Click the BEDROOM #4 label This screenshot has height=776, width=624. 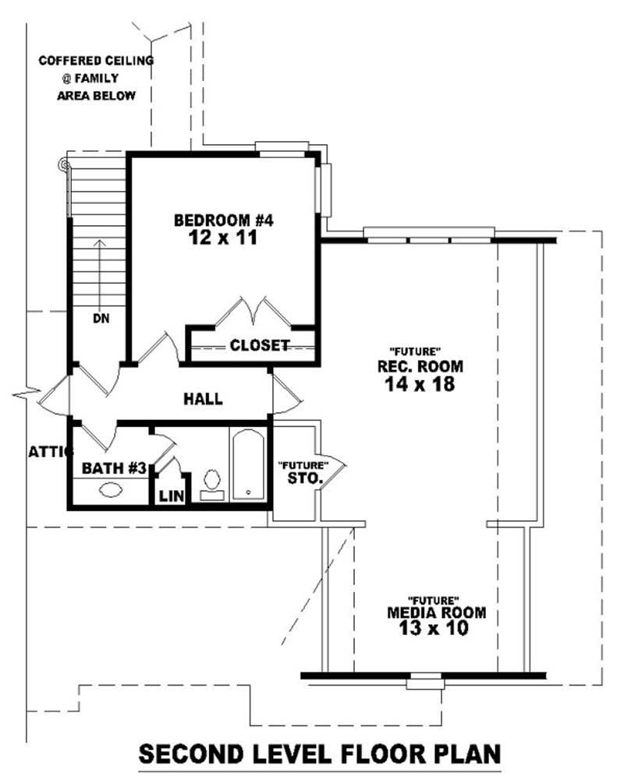224,220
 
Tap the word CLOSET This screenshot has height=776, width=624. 259,344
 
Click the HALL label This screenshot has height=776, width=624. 203,399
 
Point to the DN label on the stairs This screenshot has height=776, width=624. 100,318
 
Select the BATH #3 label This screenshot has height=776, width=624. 115,468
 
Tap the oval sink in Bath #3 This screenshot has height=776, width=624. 111,491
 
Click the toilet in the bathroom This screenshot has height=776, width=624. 211,484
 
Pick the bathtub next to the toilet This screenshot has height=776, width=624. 249,464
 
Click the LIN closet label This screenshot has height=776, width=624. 171,496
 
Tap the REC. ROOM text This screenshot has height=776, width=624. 420,366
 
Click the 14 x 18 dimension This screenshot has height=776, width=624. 420,384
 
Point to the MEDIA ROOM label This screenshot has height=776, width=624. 436,612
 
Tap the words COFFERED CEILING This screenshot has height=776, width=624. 96,60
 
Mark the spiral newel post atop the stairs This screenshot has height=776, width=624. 63,164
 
